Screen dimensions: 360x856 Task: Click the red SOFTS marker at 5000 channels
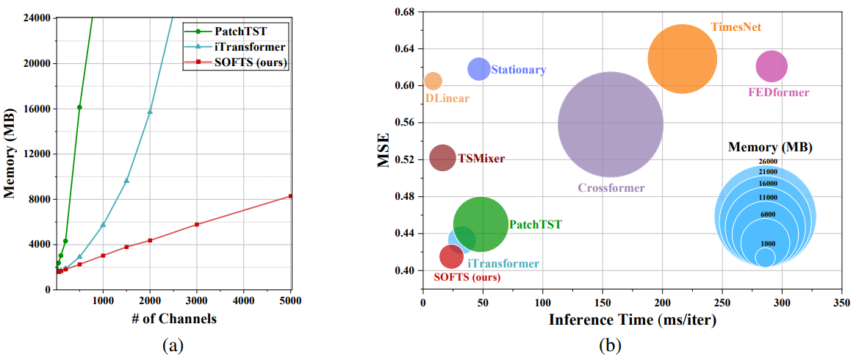[291, 196]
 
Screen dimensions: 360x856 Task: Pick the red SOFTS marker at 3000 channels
[197, 224]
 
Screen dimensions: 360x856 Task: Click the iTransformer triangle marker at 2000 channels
[150, 112]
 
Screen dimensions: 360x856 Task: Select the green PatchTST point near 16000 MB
[79, 107]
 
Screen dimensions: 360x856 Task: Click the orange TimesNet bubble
[682, 59]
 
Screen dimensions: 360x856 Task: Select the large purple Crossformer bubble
[610, 124]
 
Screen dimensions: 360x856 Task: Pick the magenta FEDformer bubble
[771, 67]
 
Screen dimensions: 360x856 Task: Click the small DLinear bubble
[434, 81]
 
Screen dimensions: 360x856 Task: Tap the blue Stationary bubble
[479, 68]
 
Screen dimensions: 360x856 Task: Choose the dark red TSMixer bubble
[442, 157]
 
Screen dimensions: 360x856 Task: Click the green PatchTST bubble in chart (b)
[481, 224]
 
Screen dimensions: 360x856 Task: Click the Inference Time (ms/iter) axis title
[632, 320]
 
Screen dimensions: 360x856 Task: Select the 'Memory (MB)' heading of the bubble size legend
[769, 147]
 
